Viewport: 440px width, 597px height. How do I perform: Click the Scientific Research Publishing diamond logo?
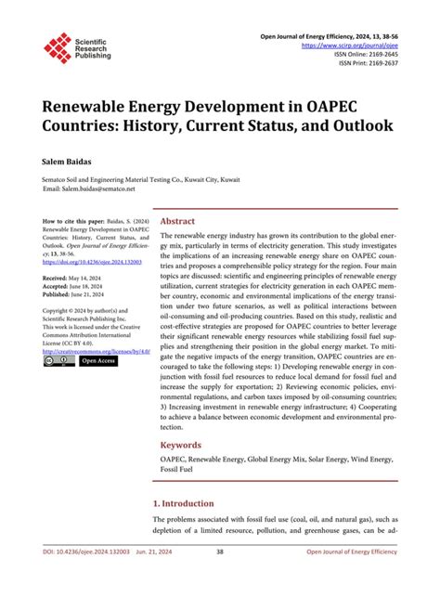[58, 47]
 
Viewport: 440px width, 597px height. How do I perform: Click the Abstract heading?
[177, 222]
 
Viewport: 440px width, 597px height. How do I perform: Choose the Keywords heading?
[181, 445]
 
